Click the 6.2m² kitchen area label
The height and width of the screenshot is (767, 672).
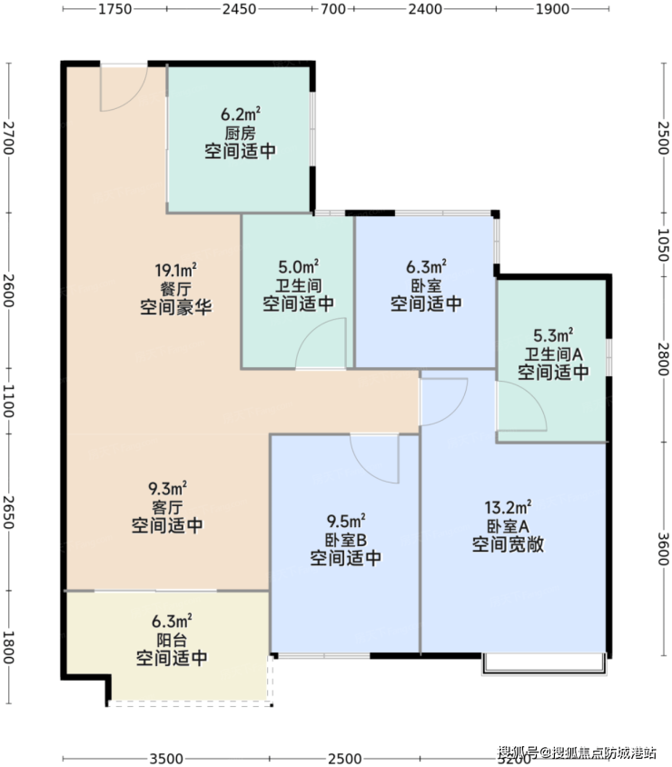tap(241, 114)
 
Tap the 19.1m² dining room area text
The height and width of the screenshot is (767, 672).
tap(176, 270)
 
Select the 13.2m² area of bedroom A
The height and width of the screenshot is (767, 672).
tap(508, 507)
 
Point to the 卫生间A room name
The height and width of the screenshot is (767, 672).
tap(553, 354)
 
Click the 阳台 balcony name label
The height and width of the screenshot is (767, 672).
tap(172, 640)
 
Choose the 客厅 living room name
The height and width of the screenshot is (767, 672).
tap(167, 507)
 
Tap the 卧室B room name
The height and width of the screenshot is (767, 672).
tap(345, 540)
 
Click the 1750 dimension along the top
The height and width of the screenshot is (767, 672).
tap(114, 9)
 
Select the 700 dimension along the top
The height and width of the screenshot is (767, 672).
tap(333, 9)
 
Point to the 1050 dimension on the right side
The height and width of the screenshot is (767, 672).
tap(663, 244)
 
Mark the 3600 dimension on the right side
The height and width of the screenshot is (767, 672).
tap(663, 548)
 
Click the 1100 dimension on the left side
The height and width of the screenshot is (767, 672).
tap(9, 401)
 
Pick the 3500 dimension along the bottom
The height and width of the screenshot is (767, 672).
tap(166, 759)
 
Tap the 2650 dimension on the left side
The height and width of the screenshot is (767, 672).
tap(9, 513)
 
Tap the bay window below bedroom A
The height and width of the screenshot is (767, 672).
tap(545, 664)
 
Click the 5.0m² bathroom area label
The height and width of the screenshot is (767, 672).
tap(299, 267)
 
